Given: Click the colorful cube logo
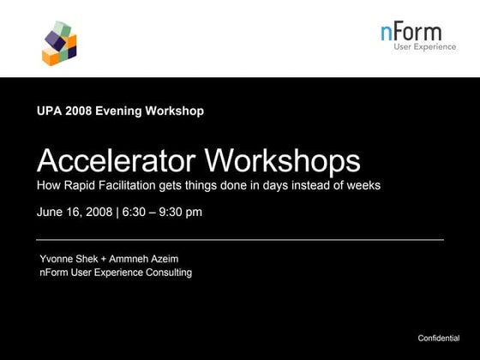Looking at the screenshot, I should click(x=59, y=44).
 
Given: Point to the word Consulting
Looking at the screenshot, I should click(x=168, y=273).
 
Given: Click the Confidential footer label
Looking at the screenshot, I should click(x=439, y=339).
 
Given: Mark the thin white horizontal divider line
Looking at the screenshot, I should click(x=240, y=239).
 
